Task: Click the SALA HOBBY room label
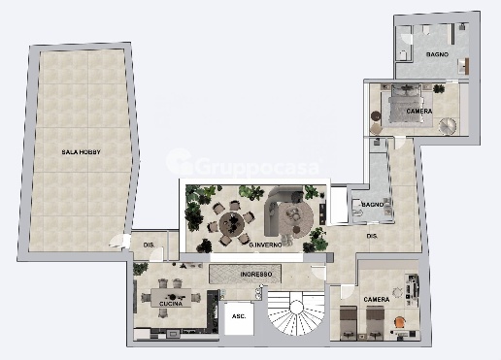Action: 81,152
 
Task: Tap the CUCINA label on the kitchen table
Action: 171,304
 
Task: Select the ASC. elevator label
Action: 239,316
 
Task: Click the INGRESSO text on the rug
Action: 256,275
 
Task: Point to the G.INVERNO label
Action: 265,245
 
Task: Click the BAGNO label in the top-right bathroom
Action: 437,54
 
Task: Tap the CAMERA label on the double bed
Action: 419,112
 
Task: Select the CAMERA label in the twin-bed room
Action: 377,300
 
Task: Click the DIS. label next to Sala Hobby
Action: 149,245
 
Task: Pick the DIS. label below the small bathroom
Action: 372,236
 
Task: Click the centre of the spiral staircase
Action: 296,307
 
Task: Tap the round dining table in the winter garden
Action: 232,223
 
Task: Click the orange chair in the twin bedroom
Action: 400,323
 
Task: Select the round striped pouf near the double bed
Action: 448,125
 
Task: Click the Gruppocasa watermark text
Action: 257,167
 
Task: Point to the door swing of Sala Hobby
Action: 117,241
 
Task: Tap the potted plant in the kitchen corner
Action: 141,269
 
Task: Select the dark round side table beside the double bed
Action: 376,115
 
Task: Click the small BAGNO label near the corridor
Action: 373,205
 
